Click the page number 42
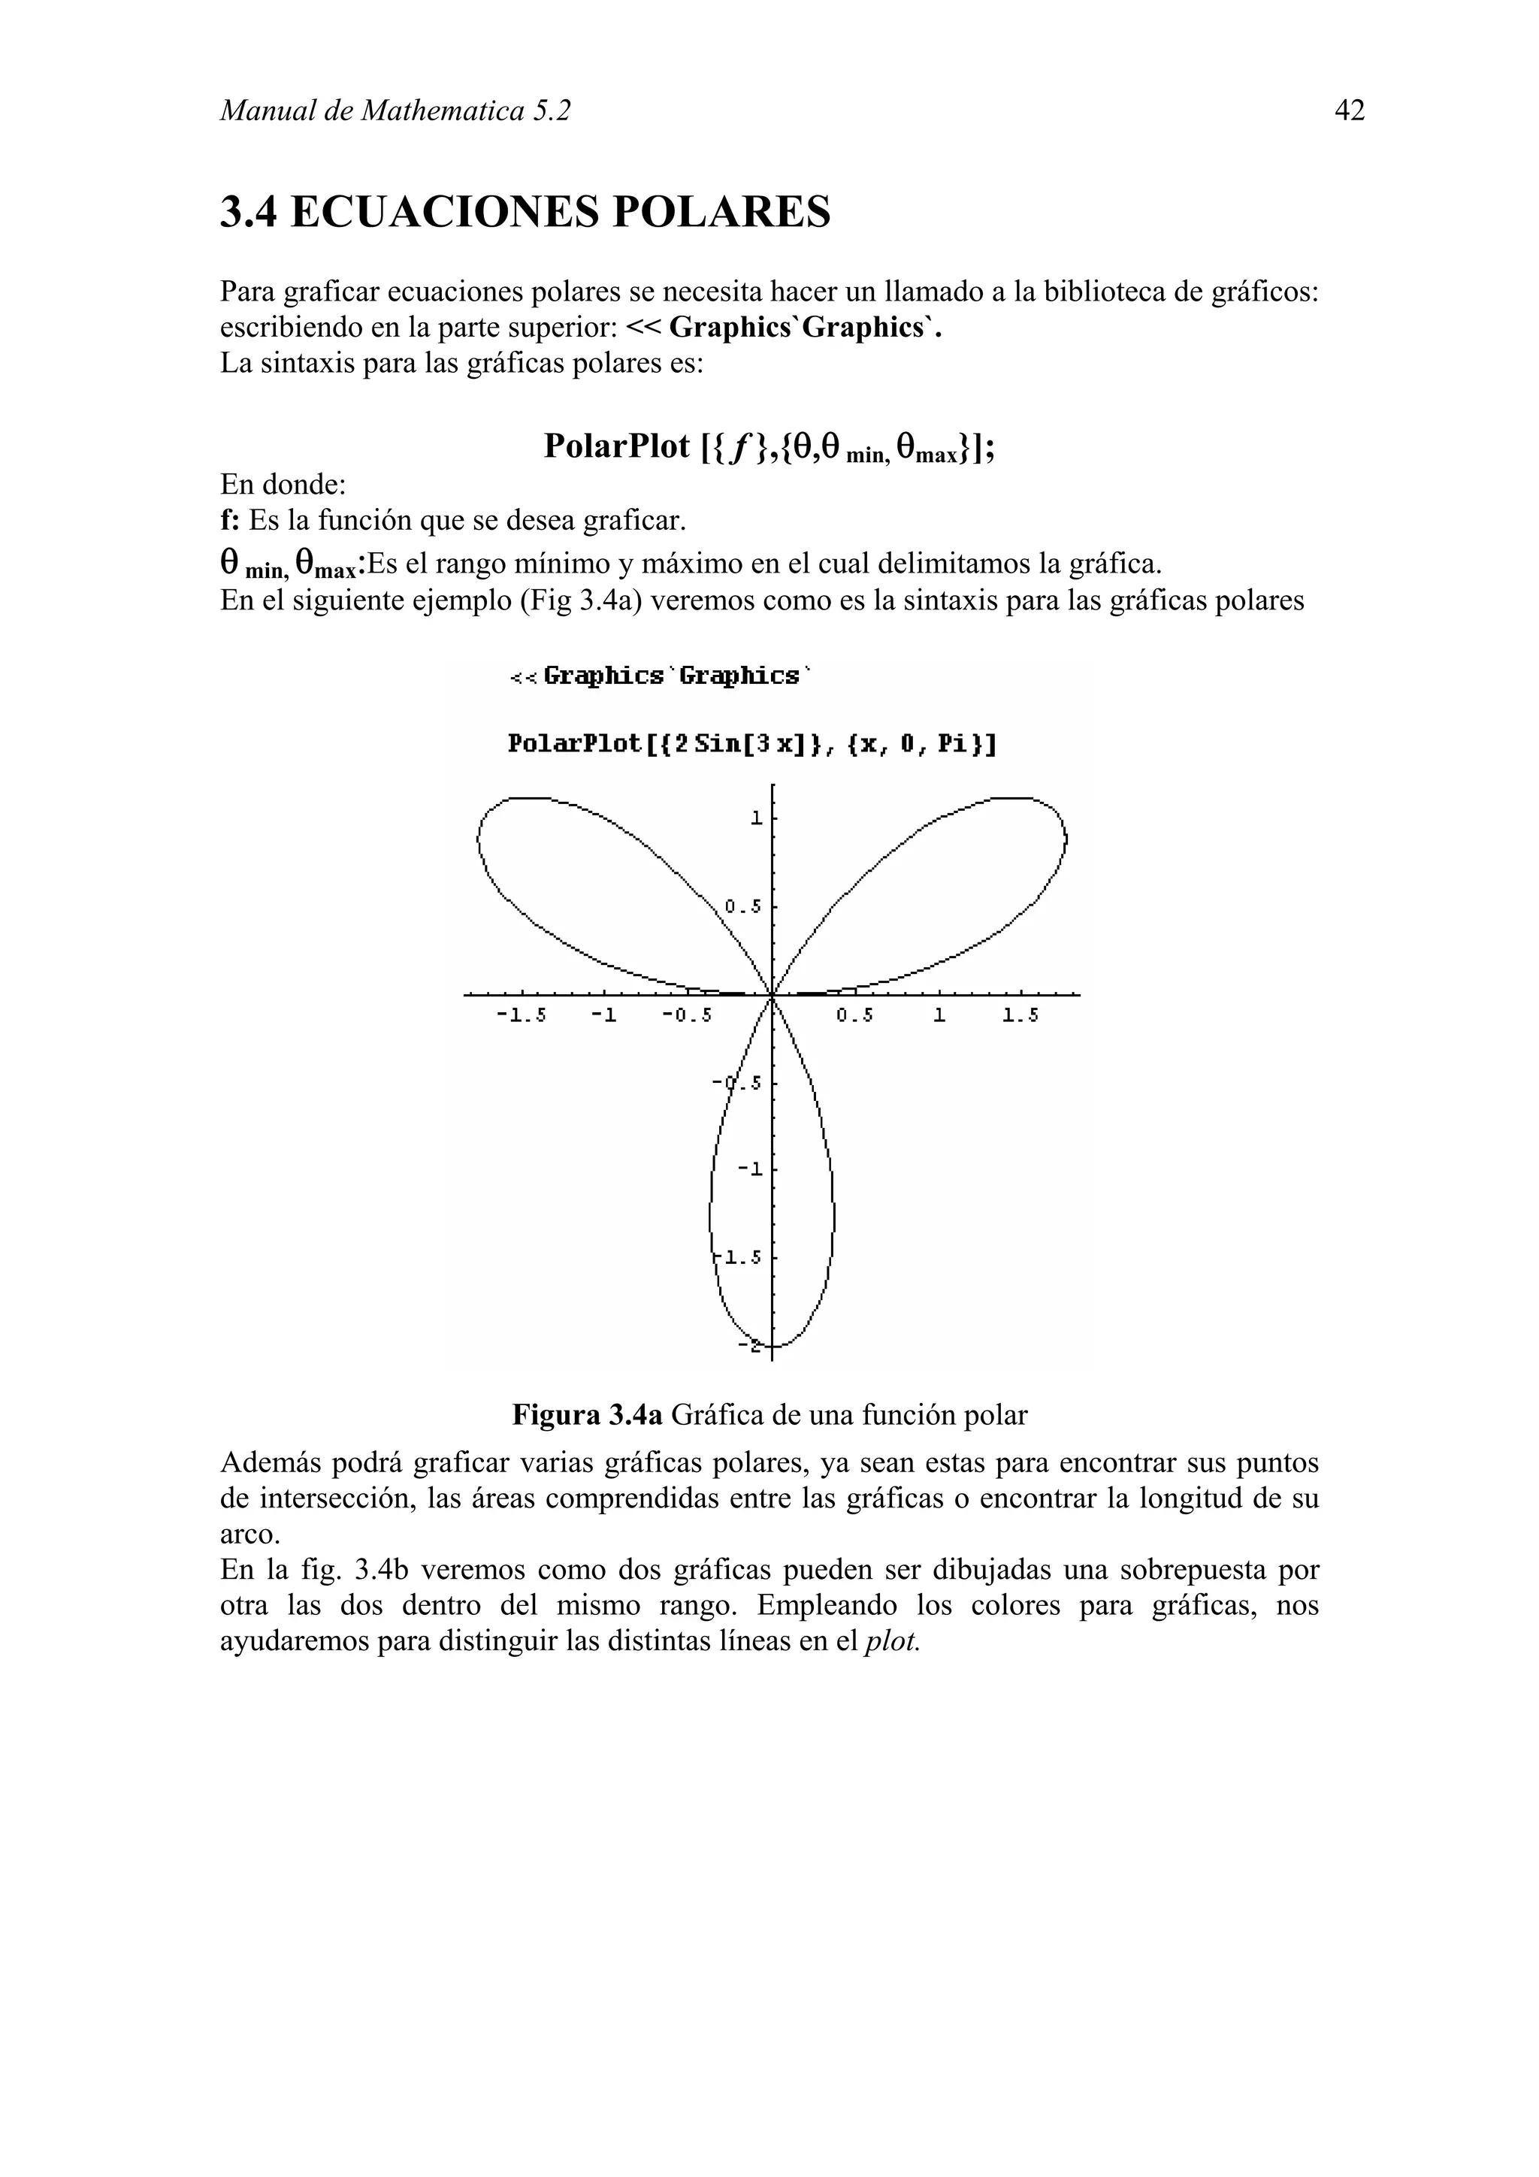pos(1350,112)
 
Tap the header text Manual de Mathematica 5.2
pos(395,112)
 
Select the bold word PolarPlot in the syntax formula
pos(616,446)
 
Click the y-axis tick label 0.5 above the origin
pos(742,906)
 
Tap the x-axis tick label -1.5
pos(522,1015)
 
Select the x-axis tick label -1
pos(604,1015)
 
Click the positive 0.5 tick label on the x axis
pos(854,1015)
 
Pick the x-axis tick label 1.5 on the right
pos(1020,1015)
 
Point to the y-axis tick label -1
pos(750,1169)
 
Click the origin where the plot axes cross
pos(772,995)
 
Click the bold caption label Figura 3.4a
pos(587,1416)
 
